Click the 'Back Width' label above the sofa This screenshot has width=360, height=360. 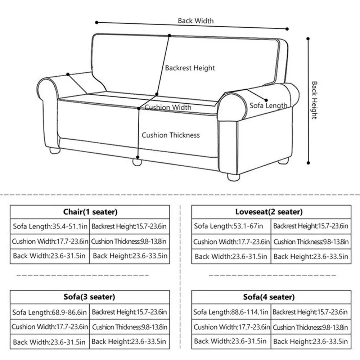click(195, 21)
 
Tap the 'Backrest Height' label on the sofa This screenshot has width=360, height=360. click(190, 68)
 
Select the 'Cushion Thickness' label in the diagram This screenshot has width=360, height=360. click(170, 135)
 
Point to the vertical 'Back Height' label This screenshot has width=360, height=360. click(314, 100)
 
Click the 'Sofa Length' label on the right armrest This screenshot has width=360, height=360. click(269, 105)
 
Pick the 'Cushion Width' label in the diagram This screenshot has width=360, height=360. click(168, 107)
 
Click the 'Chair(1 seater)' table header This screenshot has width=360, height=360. click(90, 212)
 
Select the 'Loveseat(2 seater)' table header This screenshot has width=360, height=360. click(269, 212)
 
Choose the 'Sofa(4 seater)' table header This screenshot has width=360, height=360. click(269, 297)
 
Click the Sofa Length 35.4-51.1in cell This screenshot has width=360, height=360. click(50, 226)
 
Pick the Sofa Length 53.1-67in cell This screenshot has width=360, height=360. click(229, 226)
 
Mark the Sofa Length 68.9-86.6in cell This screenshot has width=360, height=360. click(50, 312)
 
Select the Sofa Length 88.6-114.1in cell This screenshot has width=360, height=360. click(231, 312)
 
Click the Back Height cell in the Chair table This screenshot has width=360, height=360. click(130, 256)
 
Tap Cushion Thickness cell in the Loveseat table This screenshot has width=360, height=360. click(311, 242)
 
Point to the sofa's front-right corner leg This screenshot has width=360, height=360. click(233, 177)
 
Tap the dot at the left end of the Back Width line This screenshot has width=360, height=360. click(97, 22)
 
